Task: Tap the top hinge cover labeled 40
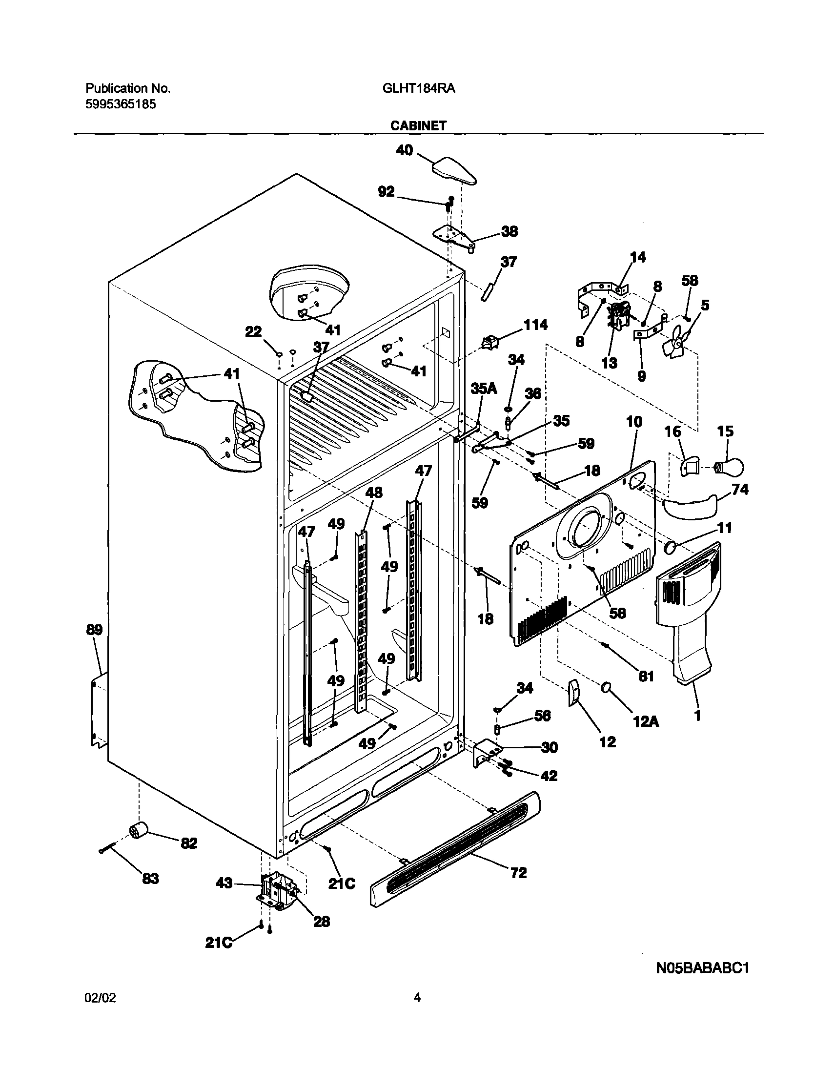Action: [x=455, y=171]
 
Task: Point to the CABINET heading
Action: [x=418, y=125]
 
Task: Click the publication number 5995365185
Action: [x=121, y=104]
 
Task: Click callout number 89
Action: [x=94, y=630]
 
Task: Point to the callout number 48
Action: [x=374, y=493]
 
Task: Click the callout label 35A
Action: [x=483, y=389]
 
